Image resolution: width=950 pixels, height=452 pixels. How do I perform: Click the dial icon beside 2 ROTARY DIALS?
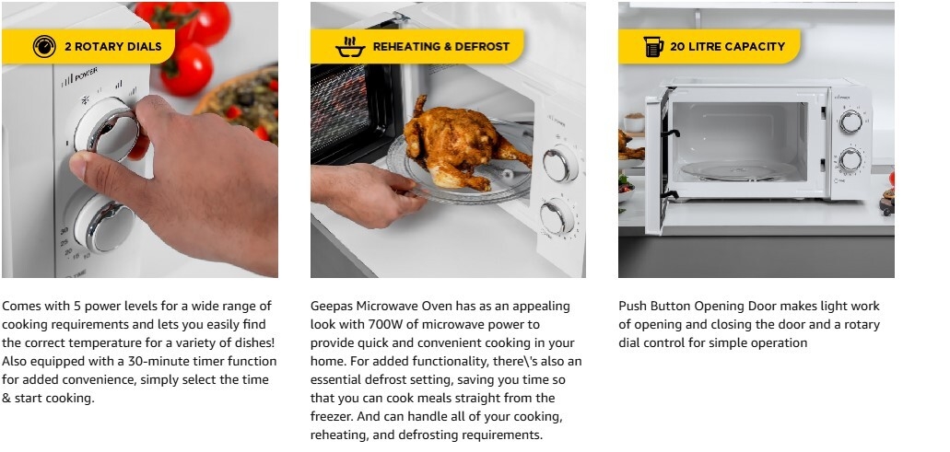pyautogui.click(x=44, y=47)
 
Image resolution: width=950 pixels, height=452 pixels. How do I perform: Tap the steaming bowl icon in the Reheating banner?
pyautogui.click(x=350, y=47)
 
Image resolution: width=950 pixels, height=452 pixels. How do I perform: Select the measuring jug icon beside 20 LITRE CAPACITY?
pyautogui.click(x=653, y=47)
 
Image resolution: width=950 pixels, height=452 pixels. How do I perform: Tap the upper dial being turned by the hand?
pyautogui.click(x=106, y=129)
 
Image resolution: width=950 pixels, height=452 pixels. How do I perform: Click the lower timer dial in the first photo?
pyautogui.click(x=103, y=223)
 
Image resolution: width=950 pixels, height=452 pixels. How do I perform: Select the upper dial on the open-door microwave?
pyautogui.click(x=850, y=122)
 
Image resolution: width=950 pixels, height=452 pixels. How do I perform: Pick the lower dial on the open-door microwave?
pyautogui.click(x=850, y=159)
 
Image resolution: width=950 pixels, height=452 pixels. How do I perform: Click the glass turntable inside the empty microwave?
pyautogui.click(x=739, y=170)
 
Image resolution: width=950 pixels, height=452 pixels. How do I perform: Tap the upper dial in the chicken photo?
pyautogui.click(x=559, y=164)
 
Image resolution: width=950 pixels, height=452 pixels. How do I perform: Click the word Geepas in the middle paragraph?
pyautogui.click(x=332, y=307)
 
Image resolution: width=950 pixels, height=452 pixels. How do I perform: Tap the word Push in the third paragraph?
pyautogui.click(x=631, y=307)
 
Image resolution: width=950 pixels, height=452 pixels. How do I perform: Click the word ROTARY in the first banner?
pyautogui.click(x=98, y=47)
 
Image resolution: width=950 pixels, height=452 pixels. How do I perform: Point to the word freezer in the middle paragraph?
pyautogui.click(x=332, y=416)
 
